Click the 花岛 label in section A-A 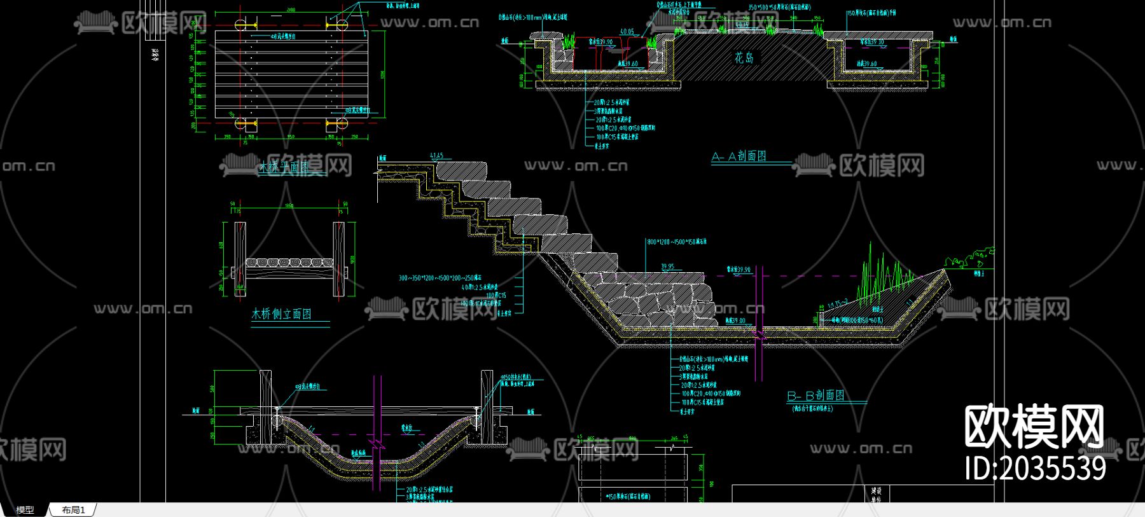[x=744, y=58]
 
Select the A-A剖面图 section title [x=739, y=156]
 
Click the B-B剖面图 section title [x=816, y=396]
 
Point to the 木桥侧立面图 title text [x=281, y=314]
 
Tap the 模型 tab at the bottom [x=25, y=510]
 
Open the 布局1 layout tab [x=73, y=510]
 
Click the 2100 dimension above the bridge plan [x=291, y=10]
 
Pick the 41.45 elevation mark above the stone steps [x=436, y=156]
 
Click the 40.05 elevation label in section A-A [x=627, y=31]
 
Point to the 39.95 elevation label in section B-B [x=667, y=267]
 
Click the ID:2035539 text [x=1035, y=469]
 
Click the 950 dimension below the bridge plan [x=291, y=136]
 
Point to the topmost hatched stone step [x=461, y=170]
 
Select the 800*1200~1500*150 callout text [x=676, y=242]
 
